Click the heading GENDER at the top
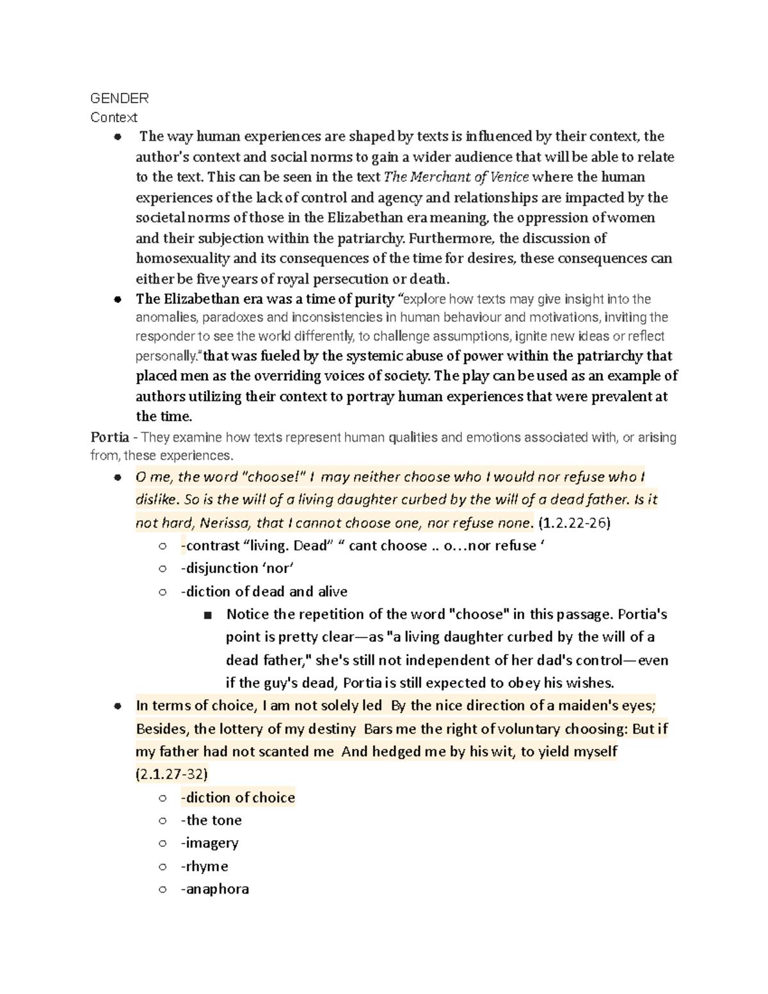[120, 98]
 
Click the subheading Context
[114, 117]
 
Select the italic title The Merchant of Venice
[456, 177]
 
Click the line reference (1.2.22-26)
[574, 523]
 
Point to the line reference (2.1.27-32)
[172, 774]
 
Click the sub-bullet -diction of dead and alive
[264, 591]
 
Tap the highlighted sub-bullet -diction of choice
[238, 798]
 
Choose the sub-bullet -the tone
[211, 821]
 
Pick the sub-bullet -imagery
[210, 843]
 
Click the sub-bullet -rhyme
[205, 866]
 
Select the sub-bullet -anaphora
[215, 889]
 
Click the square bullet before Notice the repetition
[207, 615]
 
